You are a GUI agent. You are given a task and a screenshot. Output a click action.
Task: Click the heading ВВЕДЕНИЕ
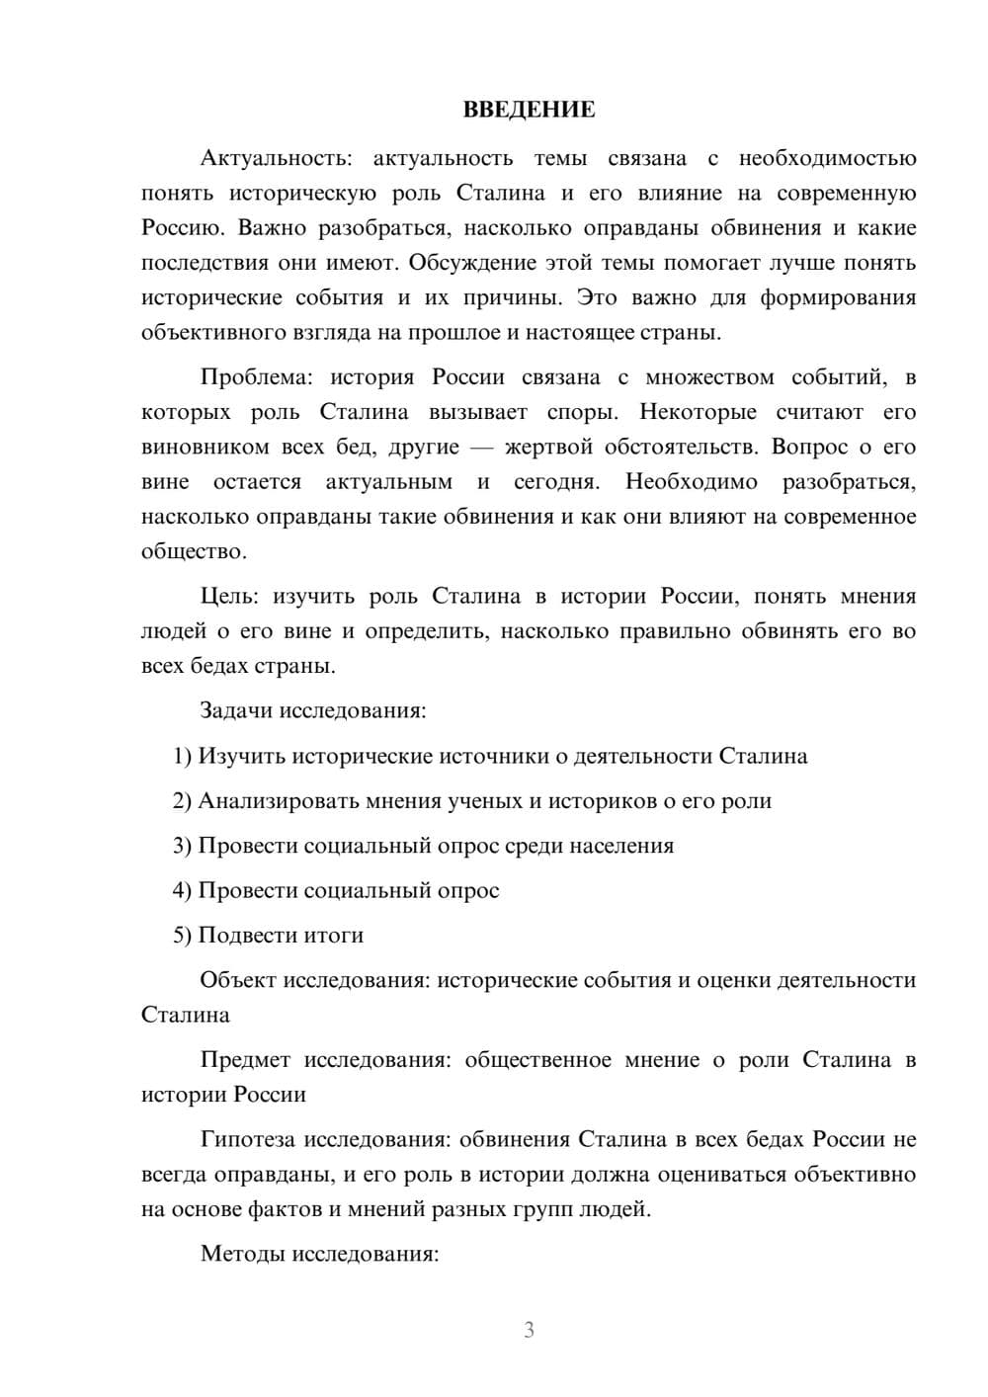529,110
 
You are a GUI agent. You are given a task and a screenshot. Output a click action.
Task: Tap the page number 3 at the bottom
529,1330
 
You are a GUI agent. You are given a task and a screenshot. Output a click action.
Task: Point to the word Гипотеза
247,1140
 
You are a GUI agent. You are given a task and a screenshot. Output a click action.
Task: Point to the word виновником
206,448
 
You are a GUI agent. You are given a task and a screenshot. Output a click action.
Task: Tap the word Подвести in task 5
239,936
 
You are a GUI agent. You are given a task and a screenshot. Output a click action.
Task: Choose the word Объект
238,980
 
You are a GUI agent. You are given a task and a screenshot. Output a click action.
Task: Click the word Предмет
245,1060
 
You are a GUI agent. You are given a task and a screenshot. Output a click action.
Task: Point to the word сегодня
557,482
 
